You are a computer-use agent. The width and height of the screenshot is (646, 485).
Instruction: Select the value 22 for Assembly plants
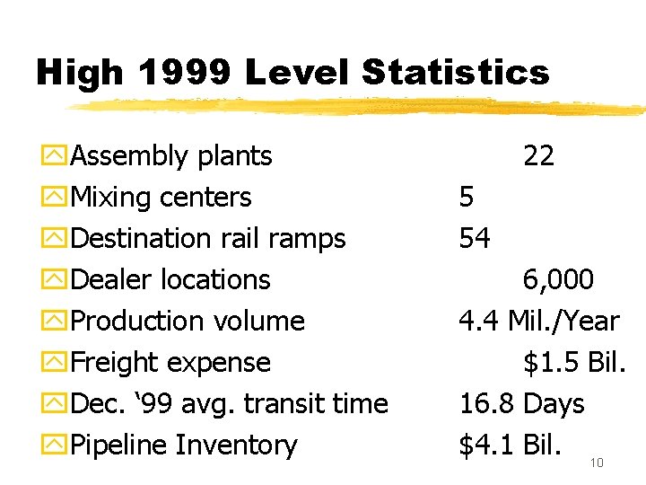pos(538,156)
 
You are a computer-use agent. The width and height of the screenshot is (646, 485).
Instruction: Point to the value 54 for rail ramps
pos(475,239)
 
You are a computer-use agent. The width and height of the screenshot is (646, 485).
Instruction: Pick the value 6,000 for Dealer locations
pos(558,280)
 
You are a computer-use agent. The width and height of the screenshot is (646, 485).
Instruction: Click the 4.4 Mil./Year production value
pos(538,322)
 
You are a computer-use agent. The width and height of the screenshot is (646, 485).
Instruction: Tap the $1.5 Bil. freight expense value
pos(574,363)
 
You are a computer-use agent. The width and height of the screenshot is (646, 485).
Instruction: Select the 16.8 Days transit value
pos(521,404)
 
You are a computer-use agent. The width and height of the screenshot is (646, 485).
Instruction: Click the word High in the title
pos(74,73)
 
